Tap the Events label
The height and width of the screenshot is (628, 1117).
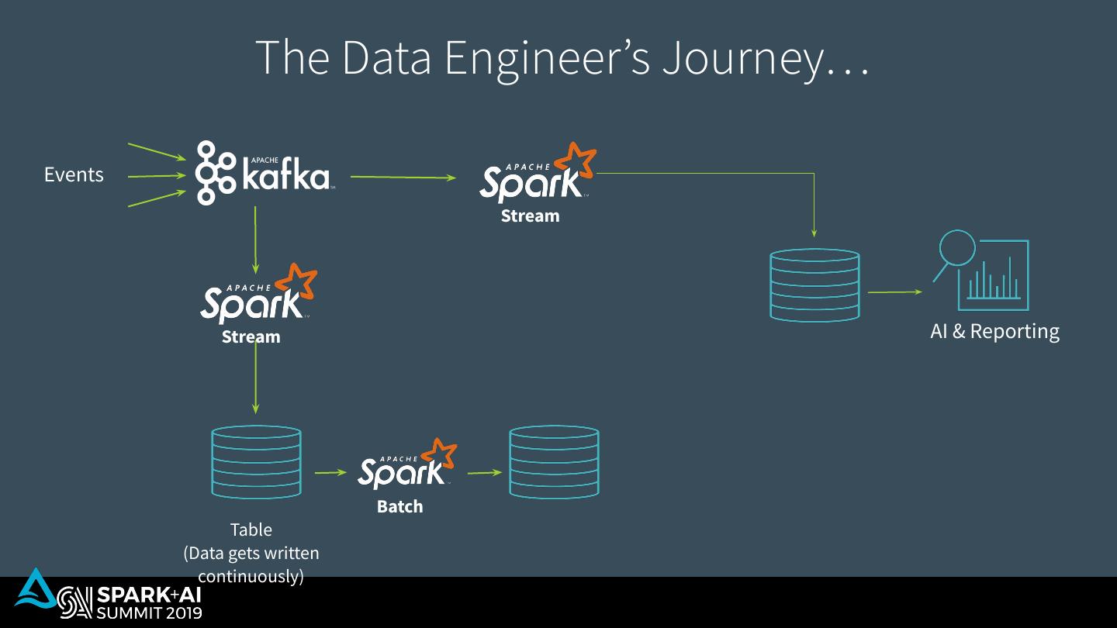[74, 175]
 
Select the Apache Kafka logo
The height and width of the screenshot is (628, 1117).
[262, 173]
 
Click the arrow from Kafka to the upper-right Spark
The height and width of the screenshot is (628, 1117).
[403, 178]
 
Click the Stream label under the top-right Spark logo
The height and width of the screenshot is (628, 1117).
[530, 216]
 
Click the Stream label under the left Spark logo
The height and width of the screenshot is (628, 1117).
[251, 337]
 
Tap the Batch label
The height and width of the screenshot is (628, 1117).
[399, 507]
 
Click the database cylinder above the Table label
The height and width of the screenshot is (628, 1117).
[256, 462]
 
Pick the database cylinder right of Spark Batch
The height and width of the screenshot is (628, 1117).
[554, 462]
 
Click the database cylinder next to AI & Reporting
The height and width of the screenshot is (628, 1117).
[814, 285]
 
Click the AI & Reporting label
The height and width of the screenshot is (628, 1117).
[994, 332]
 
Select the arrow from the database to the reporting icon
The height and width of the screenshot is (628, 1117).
[894, 292]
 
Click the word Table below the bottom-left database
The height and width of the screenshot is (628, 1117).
[251, 530]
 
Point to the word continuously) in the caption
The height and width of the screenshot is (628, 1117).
[251, 577]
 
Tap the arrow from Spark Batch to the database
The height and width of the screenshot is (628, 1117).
[485, 472]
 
